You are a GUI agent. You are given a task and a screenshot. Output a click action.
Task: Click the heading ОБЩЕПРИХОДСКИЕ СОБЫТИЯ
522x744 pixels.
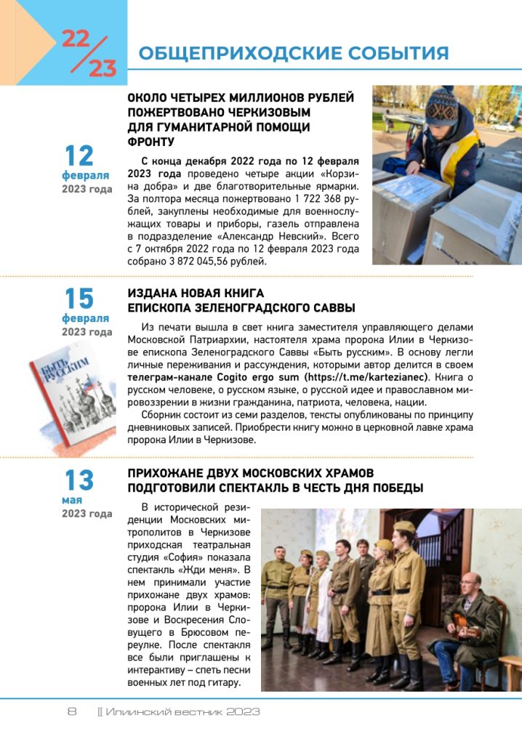[x=293, y=53]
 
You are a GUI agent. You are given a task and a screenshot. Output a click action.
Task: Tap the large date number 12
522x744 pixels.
[x=79, y=155]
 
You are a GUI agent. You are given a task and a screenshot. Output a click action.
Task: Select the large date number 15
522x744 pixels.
[x=79, y=299]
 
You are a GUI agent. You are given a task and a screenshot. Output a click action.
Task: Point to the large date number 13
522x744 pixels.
[x=79, y=480]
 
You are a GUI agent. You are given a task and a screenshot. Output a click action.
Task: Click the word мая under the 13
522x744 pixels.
[x=72, y=500]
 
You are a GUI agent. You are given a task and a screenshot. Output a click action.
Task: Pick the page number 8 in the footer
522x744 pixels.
[x=72, y=712]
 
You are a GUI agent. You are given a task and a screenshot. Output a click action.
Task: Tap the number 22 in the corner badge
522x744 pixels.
[x=76, y=39]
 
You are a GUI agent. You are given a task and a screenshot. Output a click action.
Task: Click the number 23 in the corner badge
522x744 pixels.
[x=103, y=68]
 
